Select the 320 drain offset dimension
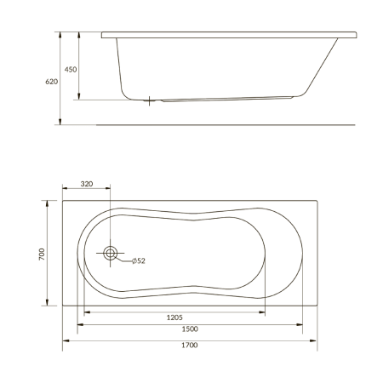click(86, 183)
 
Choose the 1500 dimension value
click(191, 329)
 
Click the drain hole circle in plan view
click(111, 253)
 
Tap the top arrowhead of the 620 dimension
click(60, 35)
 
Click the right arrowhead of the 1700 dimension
click(314, 340)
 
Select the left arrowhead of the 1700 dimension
click(66, 340)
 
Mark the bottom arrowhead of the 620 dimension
click(60, 122)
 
